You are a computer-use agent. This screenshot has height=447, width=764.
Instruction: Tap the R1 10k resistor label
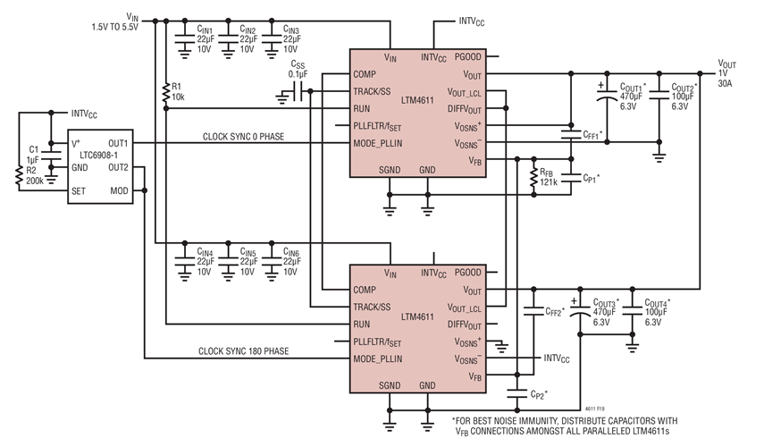(179, 91)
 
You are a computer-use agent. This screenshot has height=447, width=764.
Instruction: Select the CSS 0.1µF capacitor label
(298, 69)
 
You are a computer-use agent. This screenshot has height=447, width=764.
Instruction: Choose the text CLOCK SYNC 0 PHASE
(240, 137)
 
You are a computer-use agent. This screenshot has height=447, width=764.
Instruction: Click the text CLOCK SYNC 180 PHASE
(244, 351)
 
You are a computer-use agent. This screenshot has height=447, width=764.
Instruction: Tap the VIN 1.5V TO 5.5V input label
(120, 21)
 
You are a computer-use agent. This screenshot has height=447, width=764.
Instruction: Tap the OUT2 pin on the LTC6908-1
(118, 166)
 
